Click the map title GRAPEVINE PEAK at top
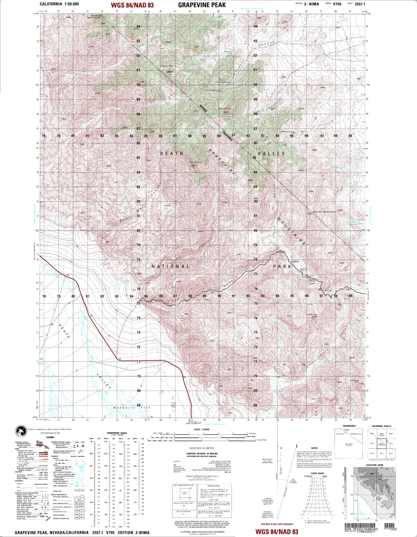click(x=202, y=5)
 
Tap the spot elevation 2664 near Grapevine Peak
click(x=169, y=72)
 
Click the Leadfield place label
click(x=295, y=261)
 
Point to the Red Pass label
click(x=328, y=290)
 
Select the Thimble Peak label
click(x=311, y=315)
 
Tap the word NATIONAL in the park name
click(x=171, y=266)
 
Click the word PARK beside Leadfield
click(x=282, y=266)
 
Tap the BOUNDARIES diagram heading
click(x=349, y=426)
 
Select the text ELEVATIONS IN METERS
click(x=202, y=448)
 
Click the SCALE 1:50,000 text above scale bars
click(x=202, y=430)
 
